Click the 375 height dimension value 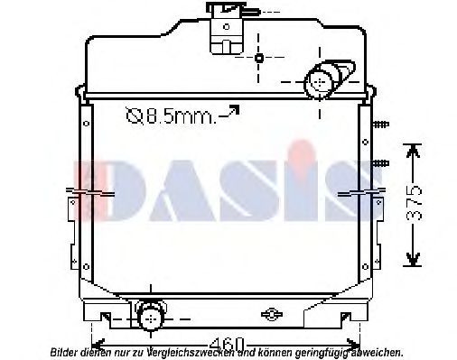click(412, 205)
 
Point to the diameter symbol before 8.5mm click(133, 115)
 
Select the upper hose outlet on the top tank click(322, 81)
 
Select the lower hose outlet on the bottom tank click(150, 315)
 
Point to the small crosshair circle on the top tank click(259, 59)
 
